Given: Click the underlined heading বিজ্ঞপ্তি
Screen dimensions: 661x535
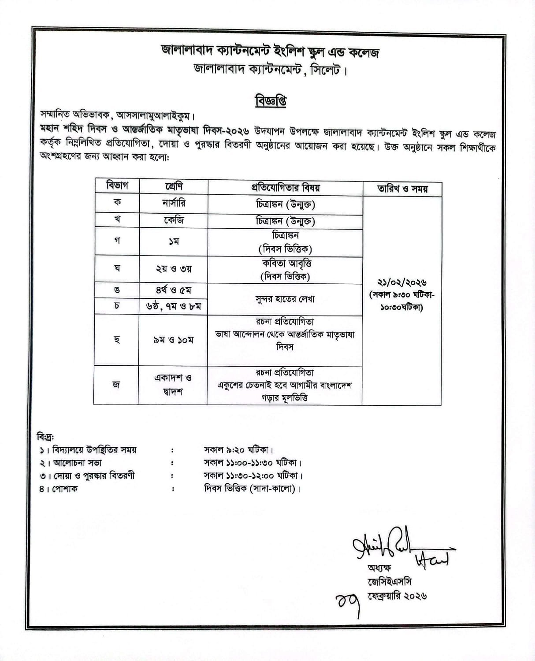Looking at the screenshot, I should pyautogui.click(x=271, y=101).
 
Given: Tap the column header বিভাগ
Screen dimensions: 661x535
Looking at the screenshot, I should pyautogui.click(x=117, y=186).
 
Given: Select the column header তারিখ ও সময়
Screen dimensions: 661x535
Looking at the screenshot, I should pyautogui.click(x=402, y=189).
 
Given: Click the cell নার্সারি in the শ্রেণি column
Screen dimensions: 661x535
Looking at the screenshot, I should pyautogui.click(x=173, y=204).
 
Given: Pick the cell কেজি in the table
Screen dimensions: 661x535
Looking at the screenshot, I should pyautogui.click(x=173, y=219).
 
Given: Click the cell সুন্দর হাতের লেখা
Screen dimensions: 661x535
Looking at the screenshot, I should pyautogui.click(x=285, y=299).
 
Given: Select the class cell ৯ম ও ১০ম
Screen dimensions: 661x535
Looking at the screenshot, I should pyautogui.click(x=173, y=340).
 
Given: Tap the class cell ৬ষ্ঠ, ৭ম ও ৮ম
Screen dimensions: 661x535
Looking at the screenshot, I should pyautogui.click(x=173, y=306).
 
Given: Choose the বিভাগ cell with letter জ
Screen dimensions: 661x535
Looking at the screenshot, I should pyautogui.click(x=116, y=385).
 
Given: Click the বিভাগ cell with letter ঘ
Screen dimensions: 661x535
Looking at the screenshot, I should pyautogui.click(x=117, y=268).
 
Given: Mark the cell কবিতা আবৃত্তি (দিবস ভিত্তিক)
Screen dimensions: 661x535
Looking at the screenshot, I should pyautogui.click(x=285, y=270).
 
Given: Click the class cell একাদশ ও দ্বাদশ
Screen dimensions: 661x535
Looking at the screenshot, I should pyautogui.click(x=173, y=385).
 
